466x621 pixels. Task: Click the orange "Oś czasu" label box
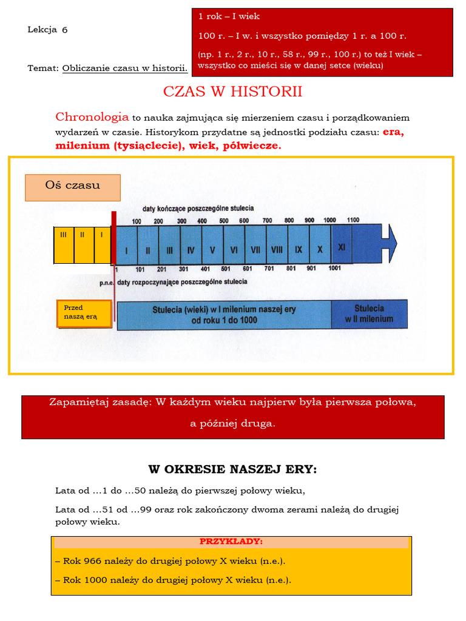[73, 187]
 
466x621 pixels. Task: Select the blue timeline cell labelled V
[212, 249]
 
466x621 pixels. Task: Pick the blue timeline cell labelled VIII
[277, 249]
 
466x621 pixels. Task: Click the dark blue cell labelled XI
[342, 247]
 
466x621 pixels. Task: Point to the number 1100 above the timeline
[353, 220]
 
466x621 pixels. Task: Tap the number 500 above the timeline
[224, 220]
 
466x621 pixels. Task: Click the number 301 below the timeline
[183, 269]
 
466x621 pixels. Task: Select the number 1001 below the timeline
[334, 269]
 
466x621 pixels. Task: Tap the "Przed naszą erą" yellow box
[84, 314]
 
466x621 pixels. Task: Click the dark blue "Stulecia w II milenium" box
[369, 314]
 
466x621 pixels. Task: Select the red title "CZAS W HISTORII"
[232, 92]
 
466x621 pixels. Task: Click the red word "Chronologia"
[92, 117]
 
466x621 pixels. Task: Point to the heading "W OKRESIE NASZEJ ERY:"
[232, 469]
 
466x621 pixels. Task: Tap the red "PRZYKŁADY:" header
[231, 542]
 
